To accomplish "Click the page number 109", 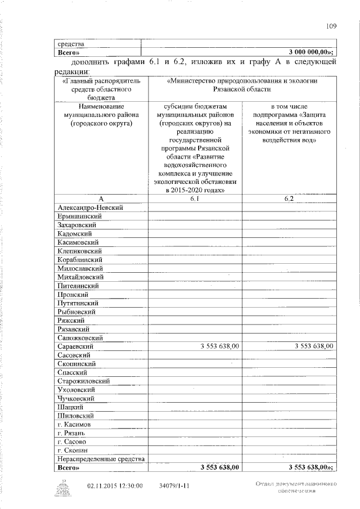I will pyautogui.click(x=331, y=25).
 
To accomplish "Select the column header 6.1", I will pyautogui.click(x=195, y=199).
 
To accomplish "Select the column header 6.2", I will pyautogui.click(x=289, y=199).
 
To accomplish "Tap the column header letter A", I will pyautogui.click(x=101, y=199).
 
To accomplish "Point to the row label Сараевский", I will pyautogui.click(x=76, y=346).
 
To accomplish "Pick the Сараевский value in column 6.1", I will pyautogui.click(x=220, y=346).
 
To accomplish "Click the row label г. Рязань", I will pyautogui.click(x=71, y=434).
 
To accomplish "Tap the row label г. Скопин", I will pyautogui.click(x=71, y=451).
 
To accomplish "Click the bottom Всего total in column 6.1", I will pyautogui.click(x=220, y=468).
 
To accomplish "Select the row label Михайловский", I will pyautogui.click(x=80, y=277).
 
